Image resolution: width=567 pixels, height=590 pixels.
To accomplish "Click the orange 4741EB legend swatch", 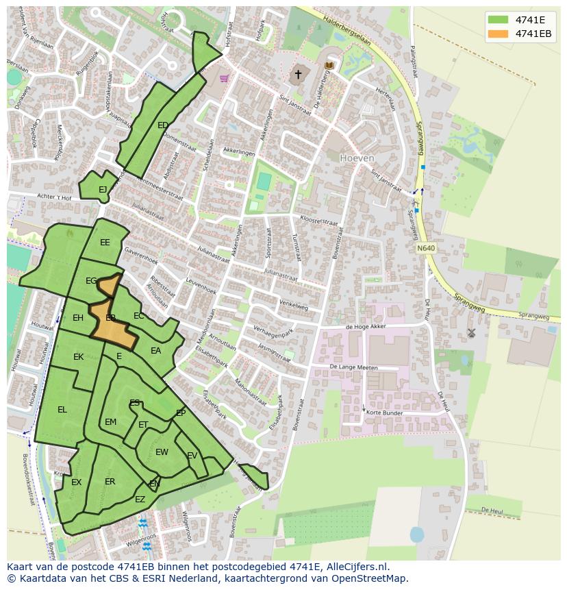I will click(499, 34).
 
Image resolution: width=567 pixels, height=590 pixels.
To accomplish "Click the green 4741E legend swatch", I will click(499, 20).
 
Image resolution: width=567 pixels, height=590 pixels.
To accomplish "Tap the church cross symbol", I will click(298, 74).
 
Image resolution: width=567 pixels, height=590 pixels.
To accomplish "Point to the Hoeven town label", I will click(357, 158).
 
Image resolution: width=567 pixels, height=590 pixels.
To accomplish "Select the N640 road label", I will click(425, 247).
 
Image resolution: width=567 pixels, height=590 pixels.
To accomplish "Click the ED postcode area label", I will click(163, 125).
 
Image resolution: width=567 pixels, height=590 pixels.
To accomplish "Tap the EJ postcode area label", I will click(103, 190).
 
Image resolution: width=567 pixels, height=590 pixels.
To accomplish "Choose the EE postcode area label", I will click(105, 243).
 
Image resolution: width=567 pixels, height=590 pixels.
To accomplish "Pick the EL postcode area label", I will click(62, 410).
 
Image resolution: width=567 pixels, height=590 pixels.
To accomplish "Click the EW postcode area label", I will click(162, 452).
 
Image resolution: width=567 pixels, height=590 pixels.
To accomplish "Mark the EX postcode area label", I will click(76, 482).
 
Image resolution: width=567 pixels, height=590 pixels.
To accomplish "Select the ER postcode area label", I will click(110, 482).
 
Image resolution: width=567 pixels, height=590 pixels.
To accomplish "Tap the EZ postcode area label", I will click(140, 500).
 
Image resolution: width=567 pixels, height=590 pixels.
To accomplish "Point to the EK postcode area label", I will click(78, 357).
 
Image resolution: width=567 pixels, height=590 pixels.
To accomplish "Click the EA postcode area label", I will click(155, 351).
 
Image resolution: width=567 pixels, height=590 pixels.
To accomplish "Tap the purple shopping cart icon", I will click(224, 78).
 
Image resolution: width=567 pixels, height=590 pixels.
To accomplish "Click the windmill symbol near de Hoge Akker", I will click(471, 333).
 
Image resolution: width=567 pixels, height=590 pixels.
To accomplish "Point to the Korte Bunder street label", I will click(384, 413).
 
